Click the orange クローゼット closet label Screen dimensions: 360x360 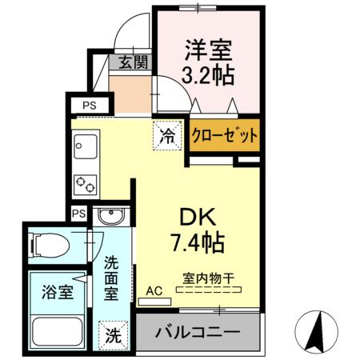[x=224, y=135]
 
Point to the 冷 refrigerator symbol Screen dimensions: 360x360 [x=166, y=134]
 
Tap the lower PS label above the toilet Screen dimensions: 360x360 [x=78, y=214]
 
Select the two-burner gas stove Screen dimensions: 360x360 [x=85, y=183]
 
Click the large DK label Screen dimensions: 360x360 [x=196, y=215]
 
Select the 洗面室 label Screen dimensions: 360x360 [x=112, y=277]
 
